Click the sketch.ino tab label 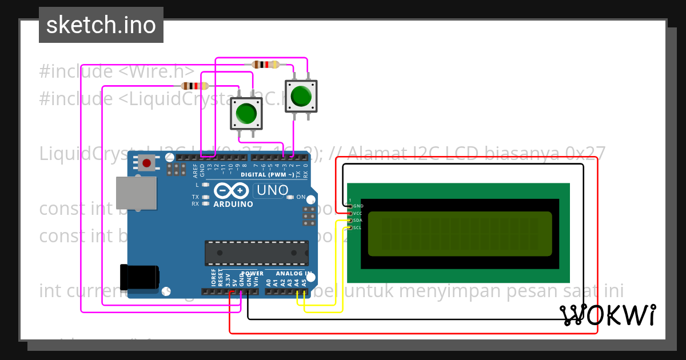click(x=101, y=25)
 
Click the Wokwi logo click(x=608, y=315)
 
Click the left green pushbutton click(x=246, y=113)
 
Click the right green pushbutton click(x=301, y=96)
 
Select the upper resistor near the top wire click(x=266, y=65)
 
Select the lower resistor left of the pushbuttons click(x=194, y=86)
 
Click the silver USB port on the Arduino click(x=136, y=193)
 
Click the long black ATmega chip click(x=257, y=253)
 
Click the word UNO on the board click(x=272, y=190)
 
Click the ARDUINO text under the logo click(x=233, y=204)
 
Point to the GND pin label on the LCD click(x=358, y=206)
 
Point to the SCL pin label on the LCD click(x=357, y=227)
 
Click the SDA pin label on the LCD click(x=357, y=220)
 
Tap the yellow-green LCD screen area click(x=460, y=233)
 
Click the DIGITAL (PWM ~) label click(x=267, y=174)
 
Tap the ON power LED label click(x=301, y=197)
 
